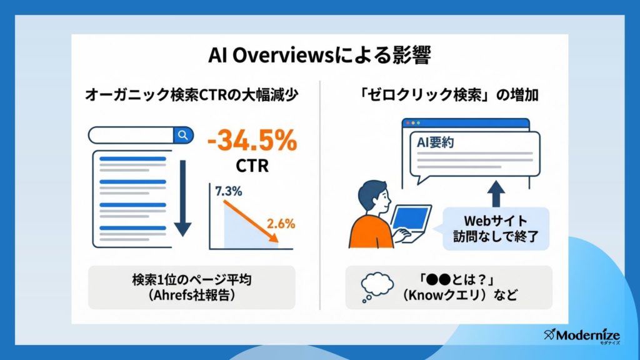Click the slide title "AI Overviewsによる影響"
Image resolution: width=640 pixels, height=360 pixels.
pos(319,55)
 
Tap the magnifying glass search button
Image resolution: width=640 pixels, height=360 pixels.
pos(183,135)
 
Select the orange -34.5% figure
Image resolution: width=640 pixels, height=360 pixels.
pos(252,141)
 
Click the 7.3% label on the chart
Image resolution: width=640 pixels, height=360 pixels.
pos(229,191)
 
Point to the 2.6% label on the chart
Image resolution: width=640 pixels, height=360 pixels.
pos(281,224)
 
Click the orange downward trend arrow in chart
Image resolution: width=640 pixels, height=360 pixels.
pos(251,222)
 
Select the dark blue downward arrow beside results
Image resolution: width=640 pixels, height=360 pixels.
pos(183,198)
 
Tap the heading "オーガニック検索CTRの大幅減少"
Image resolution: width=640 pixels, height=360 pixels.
pos(192,95)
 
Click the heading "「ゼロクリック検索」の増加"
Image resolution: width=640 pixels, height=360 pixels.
pos(447,95)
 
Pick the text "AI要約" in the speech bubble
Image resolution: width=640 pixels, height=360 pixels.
pos(435,142)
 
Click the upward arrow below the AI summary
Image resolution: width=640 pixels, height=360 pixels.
pos(496,194)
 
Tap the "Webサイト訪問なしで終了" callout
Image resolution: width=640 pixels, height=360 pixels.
pos(496,229)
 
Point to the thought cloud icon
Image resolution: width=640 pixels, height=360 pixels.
pos(377,287)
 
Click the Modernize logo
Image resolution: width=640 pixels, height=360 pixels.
pos(582,336)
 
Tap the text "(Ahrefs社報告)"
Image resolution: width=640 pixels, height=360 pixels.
pos(192,295)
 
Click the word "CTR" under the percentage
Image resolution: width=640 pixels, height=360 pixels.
pos(252,166)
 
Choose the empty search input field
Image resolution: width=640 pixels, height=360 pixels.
pos(131,135)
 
